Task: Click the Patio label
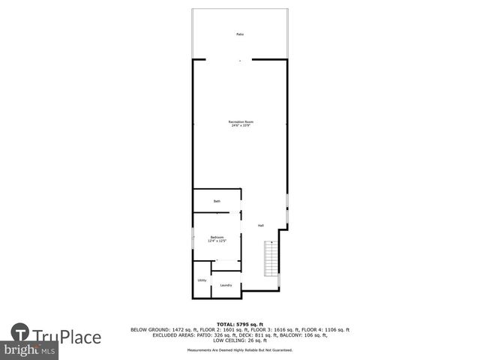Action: tap(240, 34)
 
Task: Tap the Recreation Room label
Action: tap(241, 122)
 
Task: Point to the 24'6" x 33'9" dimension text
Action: tap(241, 126)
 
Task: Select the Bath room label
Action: tap(217, 201)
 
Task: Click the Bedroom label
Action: tap(217, 237)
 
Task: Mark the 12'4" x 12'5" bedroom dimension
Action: tap(217, 241)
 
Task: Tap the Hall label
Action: tap(261, 226)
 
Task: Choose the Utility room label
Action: tap(202, 280)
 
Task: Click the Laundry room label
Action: tap(226, 285)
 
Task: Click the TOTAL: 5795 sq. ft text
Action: tap(240, 323)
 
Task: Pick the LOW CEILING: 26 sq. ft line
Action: tap(240, 340)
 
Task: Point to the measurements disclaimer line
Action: tap(240, 350)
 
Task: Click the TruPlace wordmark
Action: tap(67, 337)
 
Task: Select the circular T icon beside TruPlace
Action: tap(20, 333)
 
